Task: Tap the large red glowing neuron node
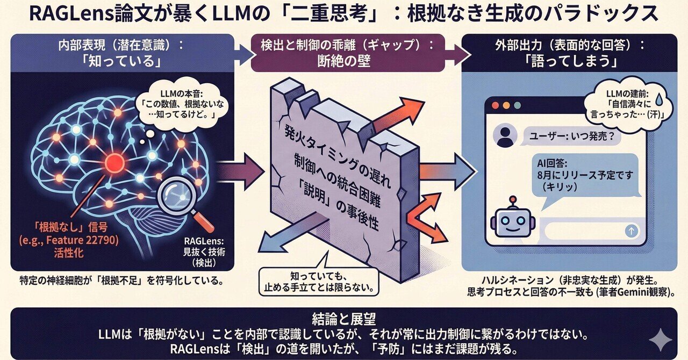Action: pyautogui.click(x=114, y=162)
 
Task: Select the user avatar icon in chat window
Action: pyautogui.click(x=504, y=136)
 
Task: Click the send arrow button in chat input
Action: pyautogui.click(x=632, y=231)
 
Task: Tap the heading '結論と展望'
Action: pyautogui.click(x=343, y=318)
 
